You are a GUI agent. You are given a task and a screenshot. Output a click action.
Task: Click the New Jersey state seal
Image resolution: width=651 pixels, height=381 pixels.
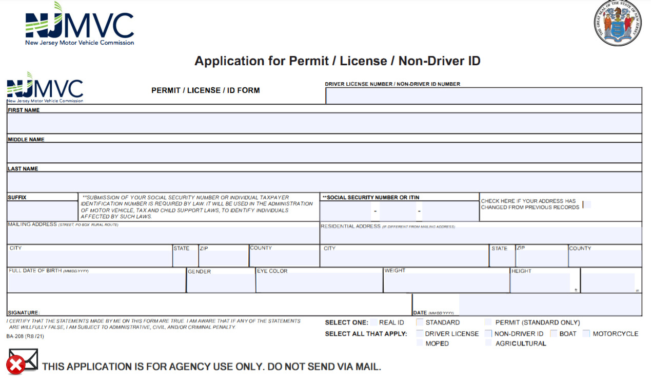(618, 23)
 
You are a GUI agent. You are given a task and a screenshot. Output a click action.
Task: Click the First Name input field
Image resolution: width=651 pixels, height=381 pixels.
(324, 123)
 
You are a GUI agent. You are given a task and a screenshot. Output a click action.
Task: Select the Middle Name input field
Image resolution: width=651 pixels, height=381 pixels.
(324, 153)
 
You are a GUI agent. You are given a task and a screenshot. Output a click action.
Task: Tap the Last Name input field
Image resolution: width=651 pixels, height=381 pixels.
(324, 182)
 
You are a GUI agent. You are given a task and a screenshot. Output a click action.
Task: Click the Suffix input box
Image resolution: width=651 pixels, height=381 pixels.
(42, 211)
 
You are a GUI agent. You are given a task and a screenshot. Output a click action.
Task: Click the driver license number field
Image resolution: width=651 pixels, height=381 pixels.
(483, 96)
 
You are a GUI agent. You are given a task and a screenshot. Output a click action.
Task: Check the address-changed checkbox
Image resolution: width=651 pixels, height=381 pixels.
(587, 204)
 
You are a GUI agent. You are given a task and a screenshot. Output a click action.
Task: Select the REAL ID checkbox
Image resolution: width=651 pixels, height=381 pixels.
(374, 322)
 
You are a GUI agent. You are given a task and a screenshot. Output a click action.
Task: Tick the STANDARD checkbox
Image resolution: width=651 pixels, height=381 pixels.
(420, 322)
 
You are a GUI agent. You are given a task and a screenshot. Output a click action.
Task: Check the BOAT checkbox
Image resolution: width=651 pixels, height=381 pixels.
(554, 334)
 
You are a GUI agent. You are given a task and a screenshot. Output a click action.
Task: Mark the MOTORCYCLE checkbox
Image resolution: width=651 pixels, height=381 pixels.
(586, 334)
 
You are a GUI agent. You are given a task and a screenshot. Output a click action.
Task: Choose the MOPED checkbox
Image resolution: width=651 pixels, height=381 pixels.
(420, 343)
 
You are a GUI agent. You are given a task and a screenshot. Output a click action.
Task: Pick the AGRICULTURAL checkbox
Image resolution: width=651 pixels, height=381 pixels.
(488, 343)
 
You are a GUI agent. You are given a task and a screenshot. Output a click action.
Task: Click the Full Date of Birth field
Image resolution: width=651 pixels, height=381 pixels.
(96, 283)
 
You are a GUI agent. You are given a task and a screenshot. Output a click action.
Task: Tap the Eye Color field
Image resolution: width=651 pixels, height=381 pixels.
(319, 283)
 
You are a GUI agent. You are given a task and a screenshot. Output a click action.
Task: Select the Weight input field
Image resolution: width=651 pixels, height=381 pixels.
(446, 283)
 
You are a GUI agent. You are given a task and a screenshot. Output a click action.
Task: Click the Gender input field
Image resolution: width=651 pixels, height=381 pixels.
(221, 283)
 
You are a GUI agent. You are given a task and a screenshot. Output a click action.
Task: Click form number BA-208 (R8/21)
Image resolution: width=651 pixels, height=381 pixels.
(25, 336)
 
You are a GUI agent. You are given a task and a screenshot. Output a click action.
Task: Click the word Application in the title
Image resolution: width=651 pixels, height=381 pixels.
(228, 61)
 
